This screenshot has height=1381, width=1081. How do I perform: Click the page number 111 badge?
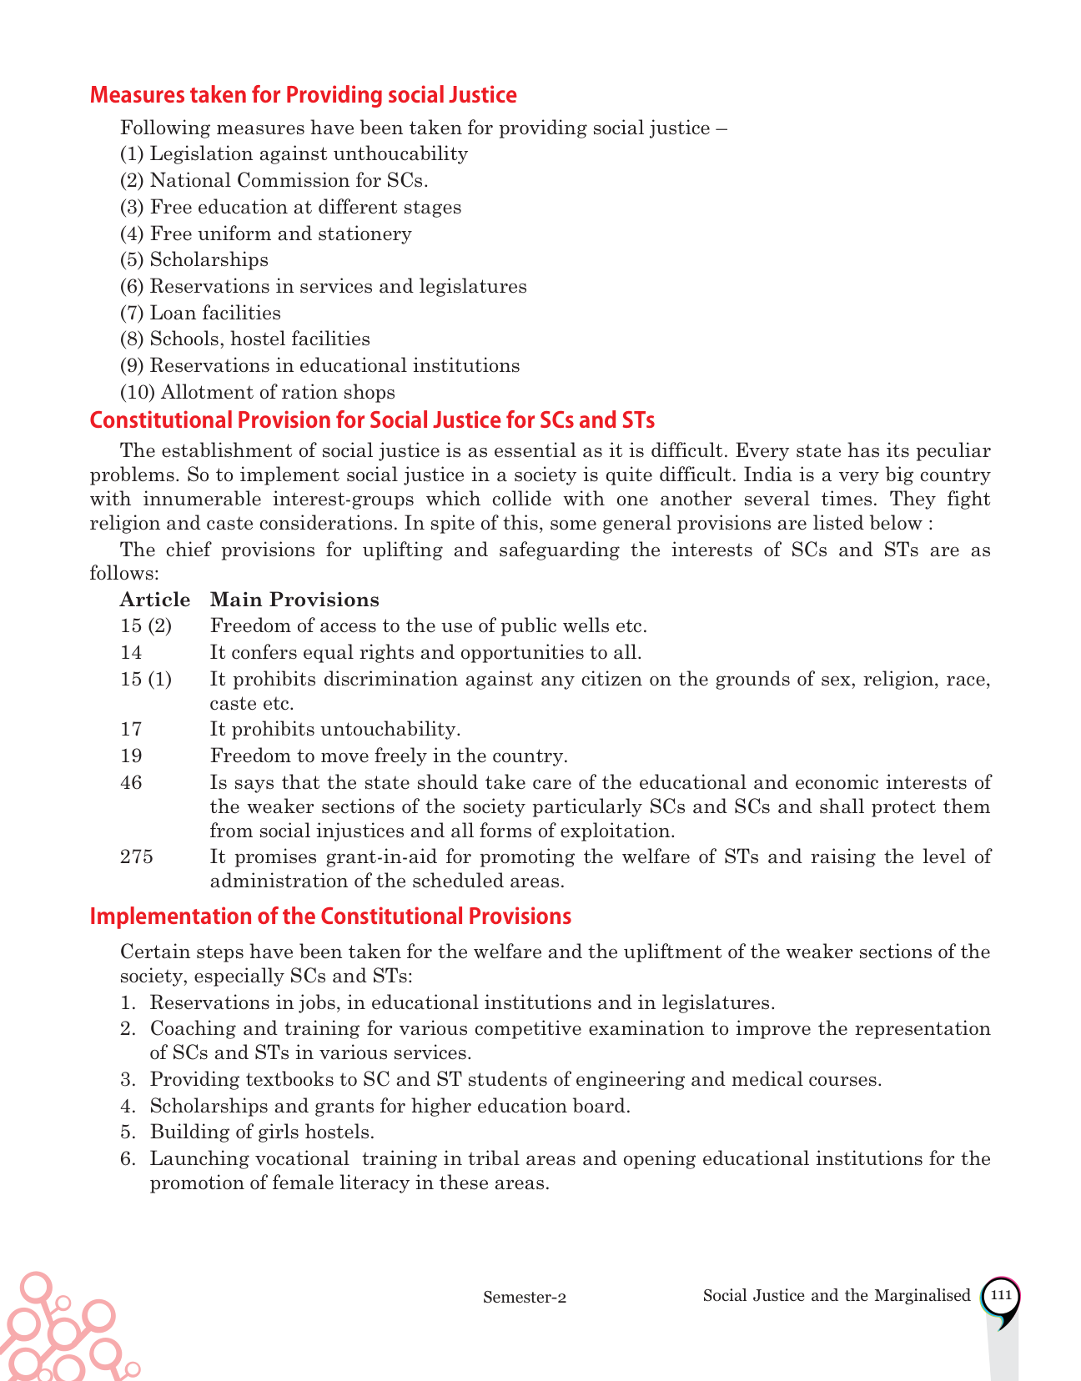(x=1001, y=1296)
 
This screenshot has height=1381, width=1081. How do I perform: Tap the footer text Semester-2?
(x=525, y=1297)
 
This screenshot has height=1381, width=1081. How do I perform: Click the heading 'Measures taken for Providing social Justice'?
(x=303, y=95)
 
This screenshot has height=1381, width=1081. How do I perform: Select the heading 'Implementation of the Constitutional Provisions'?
(x=330, y=916)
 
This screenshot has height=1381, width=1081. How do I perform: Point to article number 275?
(x=137, y=857)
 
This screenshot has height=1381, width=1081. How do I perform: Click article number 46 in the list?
(x=131, y=782)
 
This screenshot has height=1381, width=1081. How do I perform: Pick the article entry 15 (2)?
(x=146, y=625)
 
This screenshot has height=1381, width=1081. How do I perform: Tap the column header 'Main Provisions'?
(x=294, y=600)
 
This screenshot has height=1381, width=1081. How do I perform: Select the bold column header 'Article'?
(x=155, y=600)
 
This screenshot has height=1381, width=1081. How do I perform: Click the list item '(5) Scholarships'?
(x=194, y=260)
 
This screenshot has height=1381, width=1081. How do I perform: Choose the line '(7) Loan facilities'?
(x=200, y=313)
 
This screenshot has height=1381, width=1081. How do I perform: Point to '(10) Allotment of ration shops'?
(x=258, y=392)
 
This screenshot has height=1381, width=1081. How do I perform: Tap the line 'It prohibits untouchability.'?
(x=335, y=729)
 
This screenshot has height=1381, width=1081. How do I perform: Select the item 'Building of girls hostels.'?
(x=262, y=1132)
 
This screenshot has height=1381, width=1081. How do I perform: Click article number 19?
(x=131, y=756)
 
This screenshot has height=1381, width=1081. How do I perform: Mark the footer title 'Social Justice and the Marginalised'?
(x=837, y=1295)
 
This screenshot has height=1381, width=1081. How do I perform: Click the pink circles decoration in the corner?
(x=58, y=1331)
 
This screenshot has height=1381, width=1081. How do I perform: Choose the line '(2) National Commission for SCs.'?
(x=274, y=180)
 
